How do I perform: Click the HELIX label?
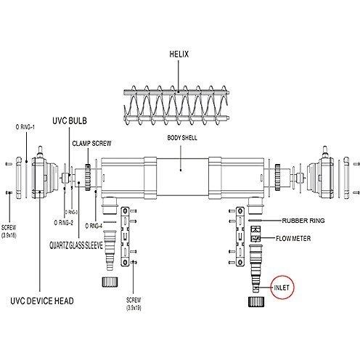179,54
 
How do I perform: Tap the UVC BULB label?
70,120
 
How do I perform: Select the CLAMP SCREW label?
91,143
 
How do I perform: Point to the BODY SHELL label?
182,138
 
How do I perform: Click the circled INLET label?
282,287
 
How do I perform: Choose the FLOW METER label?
293,239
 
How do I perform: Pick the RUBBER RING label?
303,221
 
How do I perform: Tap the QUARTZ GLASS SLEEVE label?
76,245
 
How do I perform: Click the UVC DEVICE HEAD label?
42,301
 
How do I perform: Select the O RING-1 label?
25,127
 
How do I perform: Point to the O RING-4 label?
94,226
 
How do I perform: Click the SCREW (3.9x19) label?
134,304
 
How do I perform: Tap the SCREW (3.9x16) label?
9,232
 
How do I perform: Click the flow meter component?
255,234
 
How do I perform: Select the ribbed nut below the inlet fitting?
256,302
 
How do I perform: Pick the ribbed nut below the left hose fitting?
110,282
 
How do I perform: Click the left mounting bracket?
125,237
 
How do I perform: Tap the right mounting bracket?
240,237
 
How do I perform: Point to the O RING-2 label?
63,223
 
